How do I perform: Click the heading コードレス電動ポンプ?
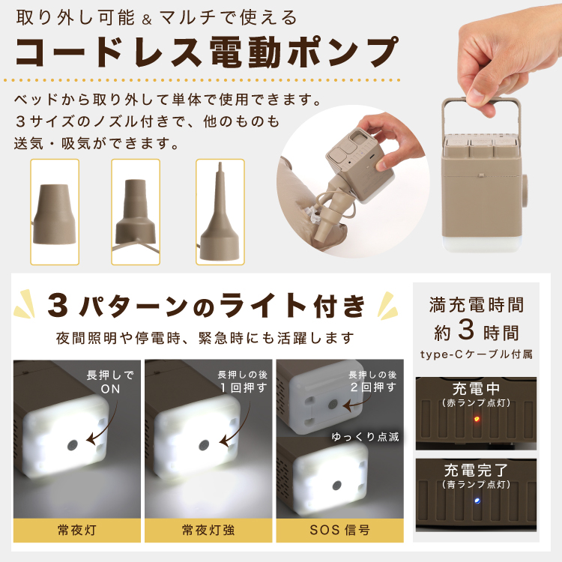point(207,52)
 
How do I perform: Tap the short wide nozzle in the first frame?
point(55,214)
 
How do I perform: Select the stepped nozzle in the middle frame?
point(136,211)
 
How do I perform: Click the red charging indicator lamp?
point(477,419)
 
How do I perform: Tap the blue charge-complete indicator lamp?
point(477,501)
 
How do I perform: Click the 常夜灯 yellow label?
point(77,530)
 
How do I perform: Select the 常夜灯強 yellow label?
point(208,530)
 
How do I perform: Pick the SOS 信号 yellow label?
point(339,530)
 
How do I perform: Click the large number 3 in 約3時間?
point(466,330)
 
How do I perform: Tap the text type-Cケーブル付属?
point(477,354)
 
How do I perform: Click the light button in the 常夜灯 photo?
point(73,446)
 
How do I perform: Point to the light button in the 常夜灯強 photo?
point(204,445)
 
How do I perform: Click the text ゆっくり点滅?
point(365,437)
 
